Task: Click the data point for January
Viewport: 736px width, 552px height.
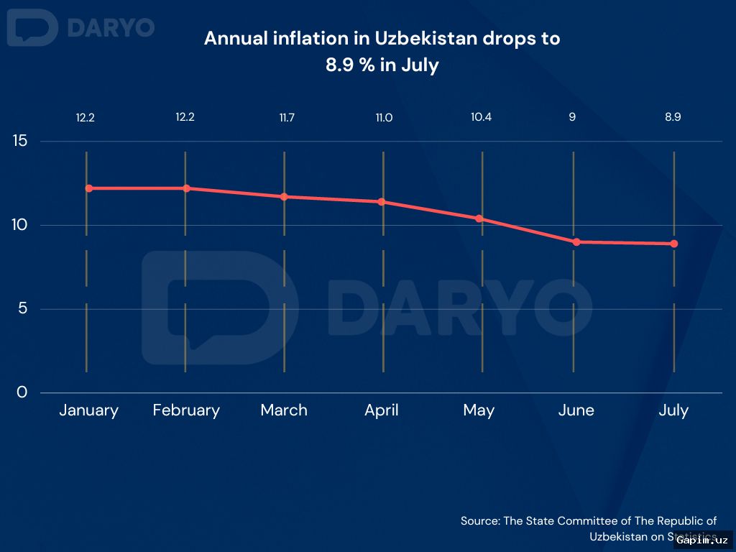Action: [x=88, y=188]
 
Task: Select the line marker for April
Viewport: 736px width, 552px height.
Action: [x=382, y=202]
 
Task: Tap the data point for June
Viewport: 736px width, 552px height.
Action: [x=576, y=242]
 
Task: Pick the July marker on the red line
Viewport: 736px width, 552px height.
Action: [x=674, y=244]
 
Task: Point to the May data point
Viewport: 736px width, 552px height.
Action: [x=479, y=218]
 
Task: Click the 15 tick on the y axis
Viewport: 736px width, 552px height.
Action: [x=20, y=141]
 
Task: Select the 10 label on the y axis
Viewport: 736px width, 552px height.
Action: [x=20, y=225]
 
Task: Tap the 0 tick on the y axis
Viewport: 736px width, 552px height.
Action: [x=22, y=392]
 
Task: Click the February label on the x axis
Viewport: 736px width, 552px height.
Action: [x=186, y=410]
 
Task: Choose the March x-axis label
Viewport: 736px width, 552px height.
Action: [x=284, y=410]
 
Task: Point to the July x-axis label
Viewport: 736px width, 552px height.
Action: [x=673, y=410]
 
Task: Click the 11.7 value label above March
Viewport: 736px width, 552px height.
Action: [x=286, y=117]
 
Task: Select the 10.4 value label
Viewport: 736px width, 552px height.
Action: [x=481, y=117]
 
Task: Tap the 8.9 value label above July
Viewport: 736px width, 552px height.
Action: [x=673, y=117]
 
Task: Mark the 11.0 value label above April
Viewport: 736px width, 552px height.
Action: [x=384, y=117]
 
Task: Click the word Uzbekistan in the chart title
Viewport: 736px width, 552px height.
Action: [x=425, y=39]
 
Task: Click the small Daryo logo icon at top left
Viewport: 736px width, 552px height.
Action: [x=32, y=28]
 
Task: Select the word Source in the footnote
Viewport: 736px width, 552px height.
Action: [x=479, y=521]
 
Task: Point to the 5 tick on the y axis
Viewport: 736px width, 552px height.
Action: [x=22, y=309]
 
